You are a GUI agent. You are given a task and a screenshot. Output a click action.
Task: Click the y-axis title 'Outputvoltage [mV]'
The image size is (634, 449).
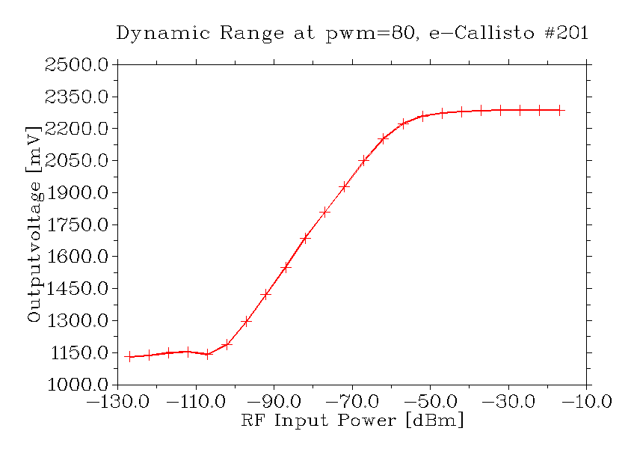tap(34, 224)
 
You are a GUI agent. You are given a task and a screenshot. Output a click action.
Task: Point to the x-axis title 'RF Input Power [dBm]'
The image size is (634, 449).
tap(352, 421)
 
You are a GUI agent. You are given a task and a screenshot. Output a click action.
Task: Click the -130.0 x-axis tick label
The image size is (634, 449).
tap(117, 402)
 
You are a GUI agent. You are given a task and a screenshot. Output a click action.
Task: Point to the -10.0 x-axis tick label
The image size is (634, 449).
tap(587, 402)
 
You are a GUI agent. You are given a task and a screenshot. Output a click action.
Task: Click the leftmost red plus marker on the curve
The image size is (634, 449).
tap(129, 356)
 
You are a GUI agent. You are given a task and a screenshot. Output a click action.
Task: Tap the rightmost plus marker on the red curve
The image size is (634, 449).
tap(558, 110)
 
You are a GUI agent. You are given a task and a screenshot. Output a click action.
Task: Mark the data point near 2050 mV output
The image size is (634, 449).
tap(364, 160)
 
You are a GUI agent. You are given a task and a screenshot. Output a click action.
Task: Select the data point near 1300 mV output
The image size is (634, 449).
tap(247, 321)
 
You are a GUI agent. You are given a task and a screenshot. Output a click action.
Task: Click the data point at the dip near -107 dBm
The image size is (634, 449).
tap(207, 354)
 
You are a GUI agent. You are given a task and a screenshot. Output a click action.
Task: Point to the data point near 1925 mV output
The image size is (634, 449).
tap(344, 186)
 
